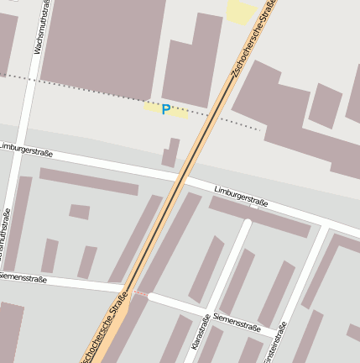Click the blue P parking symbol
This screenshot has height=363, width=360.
(x=166, y=109)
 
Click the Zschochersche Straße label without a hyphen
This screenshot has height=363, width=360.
(x=107, y=329)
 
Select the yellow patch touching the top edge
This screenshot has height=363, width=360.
(x=241, y=11)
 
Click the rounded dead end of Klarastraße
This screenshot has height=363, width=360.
(x=247, y=224)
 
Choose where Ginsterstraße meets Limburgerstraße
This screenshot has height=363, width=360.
(x=322, y=228)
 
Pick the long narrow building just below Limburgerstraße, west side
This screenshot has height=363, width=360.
(x=88, y=181)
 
